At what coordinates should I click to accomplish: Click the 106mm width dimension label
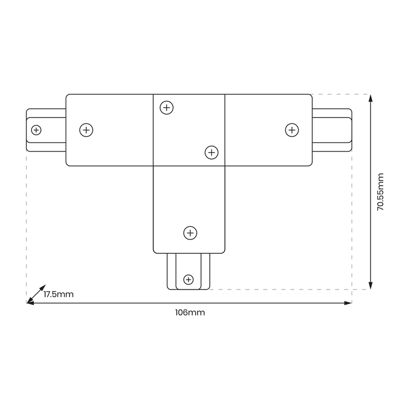pos(190,313)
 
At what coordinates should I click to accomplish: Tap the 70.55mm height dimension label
pos(380,192)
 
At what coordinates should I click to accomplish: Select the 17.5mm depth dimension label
pos(59,294)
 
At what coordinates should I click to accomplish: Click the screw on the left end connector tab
pos(36,130)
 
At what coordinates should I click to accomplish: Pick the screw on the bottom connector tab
pos(188,279)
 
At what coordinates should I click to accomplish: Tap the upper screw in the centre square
pos(167,108)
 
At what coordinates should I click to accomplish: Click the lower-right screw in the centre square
pos(211,153)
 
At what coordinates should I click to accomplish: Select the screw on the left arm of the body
pos(86,130)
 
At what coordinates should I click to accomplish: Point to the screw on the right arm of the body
pos(292,130)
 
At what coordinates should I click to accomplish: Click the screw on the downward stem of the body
pos(190,233)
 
